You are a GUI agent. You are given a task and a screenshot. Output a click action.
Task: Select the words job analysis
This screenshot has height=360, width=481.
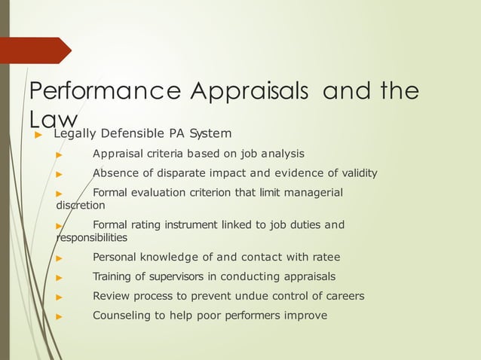tap(271, 154)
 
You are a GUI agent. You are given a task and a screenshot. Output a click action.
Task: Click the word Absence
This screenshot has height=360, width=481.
tap(115, 174)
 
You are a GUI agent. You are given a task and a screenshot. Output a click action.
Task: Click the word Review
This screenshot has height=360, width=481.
tap(112, 296)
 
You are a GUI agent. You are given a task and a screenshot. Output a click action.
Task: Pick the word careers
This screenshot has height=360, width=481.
tap(341, 296)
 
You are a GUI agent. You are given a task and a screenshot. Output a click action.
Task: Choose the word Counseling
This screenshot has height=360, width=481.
tap(121, 316)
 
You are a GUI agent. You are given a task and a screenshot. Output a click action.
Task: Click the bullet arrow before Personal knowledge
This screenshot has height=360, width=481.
tap(59, 258)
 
